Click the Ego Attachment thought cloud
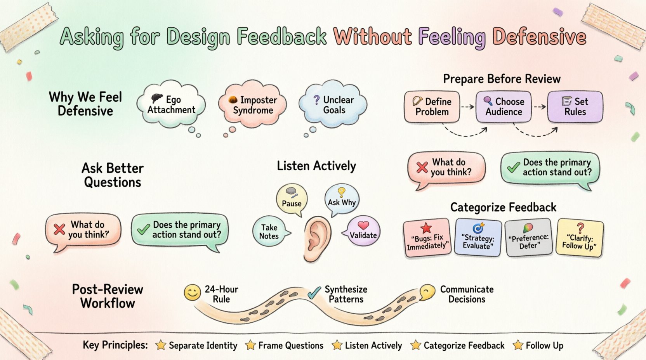pyautogui.click(x=171, y=104)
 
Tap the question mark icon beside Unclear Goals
pyautogui.click(x=316, y=100)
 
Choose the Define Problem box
pyautogui.click(x=432, y=107)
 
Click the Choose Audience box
pyautogui.click(x=504, y=107)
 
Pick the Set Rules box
pyautogui.click(x=575, y=107)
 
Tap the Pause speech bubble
pyautogui.click(x=292, y=199)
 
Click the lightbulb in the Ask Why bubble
pyautogui.click(x=341, y=192)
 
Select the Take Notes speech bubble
pyautogui.click(x=269, y=232)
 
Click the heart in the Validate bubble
pyautogui.click(x=363, y=225)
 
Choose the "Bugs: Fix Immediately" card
pyautogui.click(x=427, y=238)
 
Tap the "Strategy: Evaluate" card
pyautogui.click(x=478, y=237)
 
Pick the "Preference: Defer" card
pyautogui.click(x=529, y=237)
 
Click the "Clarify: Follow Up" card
pyautogui.click(x=580, y=237)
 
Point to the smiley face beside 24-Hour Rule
pyautogui.click(x=192, y=292)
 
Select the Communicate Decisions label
pyautogui.click(x=467, y=294)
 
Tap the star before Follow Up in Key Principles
pyautogui.click(x=518, y=345)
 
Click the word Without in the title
pyautogui.click(x=373, y=37)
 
